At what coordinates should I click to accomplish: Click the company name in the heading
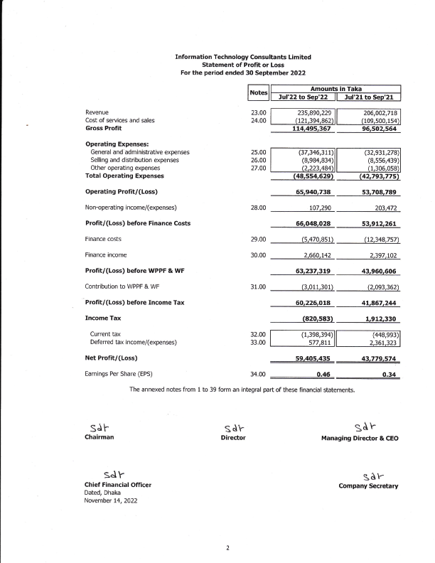click(x=242, y=57)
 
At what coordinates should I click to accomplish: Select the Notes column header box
click(x=258, y=93)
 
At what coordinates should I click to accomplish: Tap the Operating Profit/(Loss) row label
click(x=121, y=191)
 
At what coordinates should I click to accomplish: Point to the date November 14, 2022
click(x=109, y=500)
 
